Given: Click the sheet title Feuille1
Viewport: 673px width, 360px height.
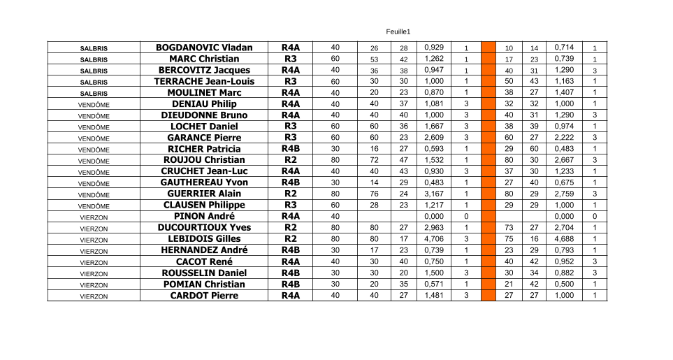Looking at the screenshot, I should [x=398, y=31].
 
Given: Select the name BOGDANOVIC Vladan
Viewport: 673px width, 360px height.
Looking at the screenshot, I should [x=203, y=48].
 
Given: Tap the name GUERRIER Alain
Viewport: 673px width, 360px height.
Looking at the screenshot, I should [x=203, y=194].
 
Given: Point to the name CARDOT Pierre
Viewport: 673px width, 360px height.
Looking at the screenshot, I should [x=203, y=295].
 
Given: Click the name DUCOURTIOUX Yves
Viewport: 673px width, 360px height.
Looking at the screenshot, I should [x=203, y=227].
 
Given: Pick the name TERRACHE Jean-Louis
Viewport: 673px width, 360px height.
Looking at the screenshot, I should [x=203, y=81].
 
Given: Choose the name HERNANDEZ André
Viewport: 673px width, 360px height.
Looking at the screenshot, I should [x=203, y=250].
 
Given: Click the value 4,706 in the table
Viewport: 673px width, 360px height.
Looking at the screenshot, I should [x=433, y=239].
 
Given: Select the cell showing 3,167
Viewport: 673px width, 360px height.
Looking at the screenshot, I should [x=433, y=194].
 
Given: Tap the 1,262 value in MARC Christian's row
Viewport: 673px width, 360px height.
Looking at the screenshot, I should [x=433, y=59].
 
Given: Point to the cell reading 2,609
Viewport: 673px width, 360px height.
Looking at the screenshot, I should [x=433, y=138].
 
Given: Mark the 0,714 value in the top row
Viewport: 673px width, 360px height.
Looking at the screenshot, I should [x=563, y=48].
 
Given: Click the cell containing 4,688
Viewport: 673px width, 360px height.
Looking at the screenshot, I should [x=563, y=239].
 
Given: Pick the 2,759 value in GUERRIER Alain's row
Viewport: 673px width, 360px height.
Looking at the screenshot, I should [x=563, y=194].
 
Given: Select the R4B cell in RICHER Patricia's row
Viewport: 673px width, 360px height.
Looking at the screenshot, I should [x=290, y=149].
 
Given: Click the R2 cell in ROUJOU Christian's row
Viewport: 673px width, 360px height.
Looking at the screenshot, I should [x=290, y=160].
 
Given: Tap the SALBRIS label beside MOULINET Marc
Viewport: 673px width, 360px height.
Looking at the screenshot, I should [x=94, y=93].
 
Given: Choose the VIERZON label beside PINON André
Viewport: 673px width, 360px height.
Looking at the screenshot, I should [x=94, y=217].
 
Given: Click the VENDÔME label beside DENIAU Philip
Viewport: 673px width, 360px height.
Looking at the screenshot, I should [x=94, y=104].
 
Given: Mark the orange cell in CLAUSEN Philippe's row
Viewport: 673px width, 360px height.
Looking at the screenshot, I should [x=489, y=205].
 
